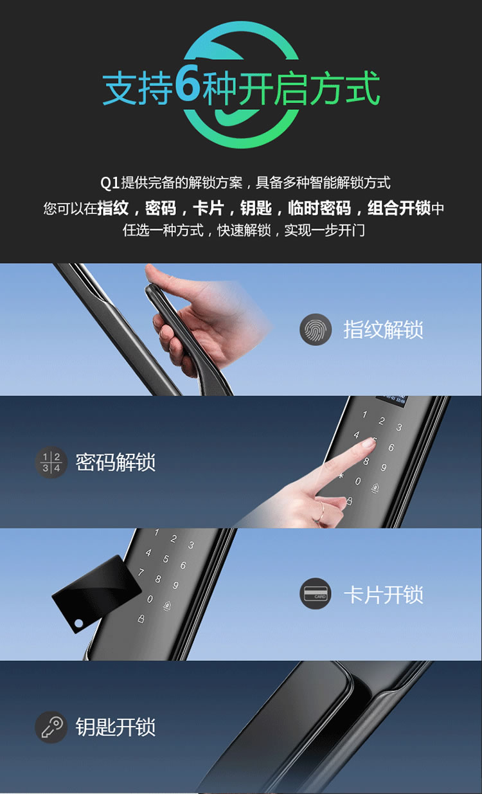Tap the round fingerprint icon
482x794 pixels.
(x=316, y=330)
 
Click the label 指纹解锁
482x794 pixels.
(x=384, y=330)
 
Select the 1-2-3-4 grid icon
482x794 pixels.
(x=51, y=462)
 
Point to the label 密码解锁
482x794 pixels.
(x=116, y=462)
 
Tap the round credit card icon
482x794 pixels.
(x=316, y=594)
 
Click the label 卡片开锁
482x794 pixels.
(x=384, y=595)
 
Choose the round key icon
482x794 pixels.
(x=51, y=727)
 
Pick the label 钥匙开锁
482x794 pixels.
(x=116, y=727)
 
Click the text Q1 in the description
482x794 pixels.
(x=110, y=183)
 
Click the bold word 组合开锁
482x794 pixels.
(x=398, y=208)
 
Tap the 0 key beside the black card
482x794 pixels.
(x=150, y=599)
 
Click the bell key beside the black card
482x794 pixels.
(x=167, y=606)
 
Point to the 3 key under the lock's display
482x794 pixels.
(x=399, y=428)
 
